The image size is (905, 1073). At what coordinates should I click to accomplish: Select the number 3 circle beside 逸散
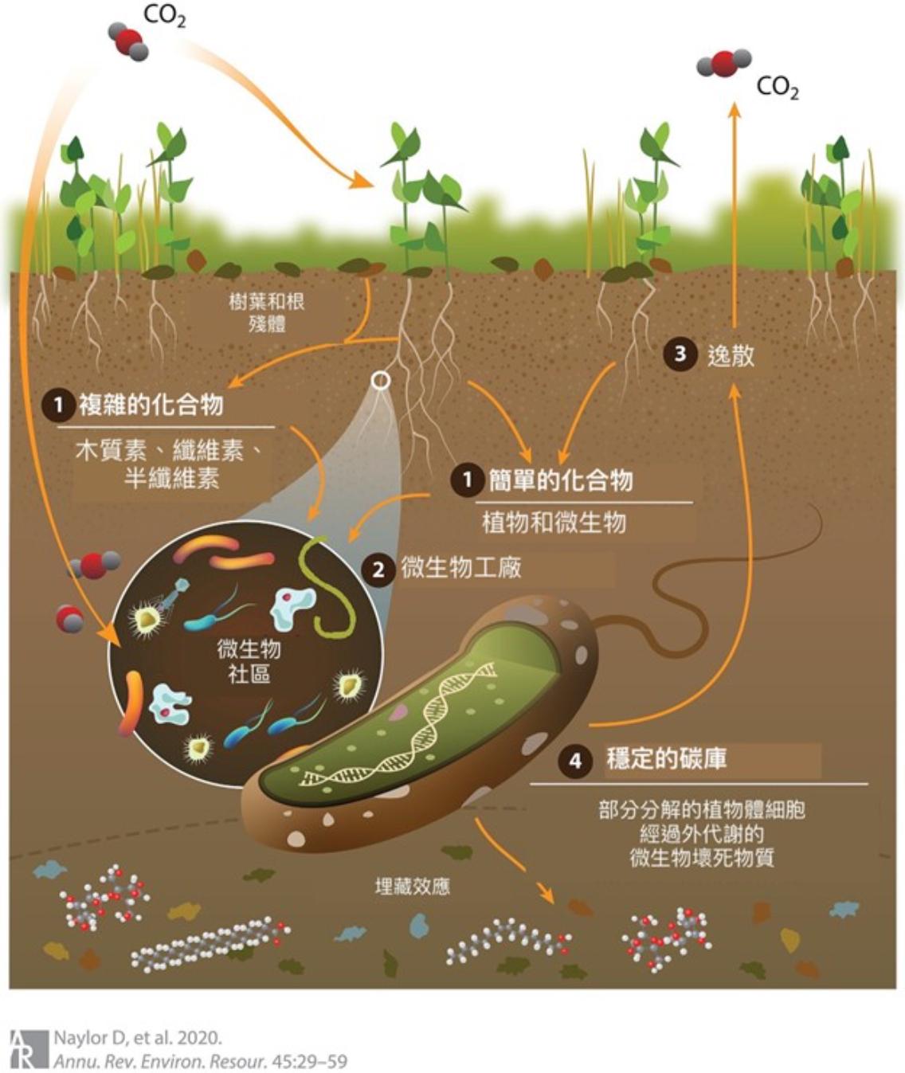tap(680, 354)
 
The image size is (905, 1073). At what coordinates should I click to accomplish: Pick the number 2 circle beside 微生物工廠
tap(378, 570)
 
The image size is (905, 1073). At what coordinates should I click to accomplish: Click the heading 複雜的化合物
tap(151, 405)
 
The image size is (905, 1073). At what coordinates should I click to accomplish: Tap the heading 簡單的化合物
tap(561, 480)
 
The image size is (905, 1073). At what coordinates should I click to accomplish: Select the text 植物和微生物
tap(554, 523)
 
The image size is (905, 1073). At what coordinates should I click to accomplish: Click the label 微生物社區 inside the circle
tap(249, 661)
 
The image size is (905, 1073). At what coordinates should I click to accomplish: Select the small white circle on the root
tap(381, 381)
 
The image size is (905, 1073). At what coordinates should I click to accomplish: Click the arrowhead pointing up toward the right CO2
tap(735, 109)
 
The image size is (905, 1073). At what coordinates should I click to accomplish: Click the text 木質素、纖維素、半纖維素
tap(167, 464)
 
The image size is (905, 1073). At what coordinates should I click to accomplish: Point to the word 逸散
tap(731, 355)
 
